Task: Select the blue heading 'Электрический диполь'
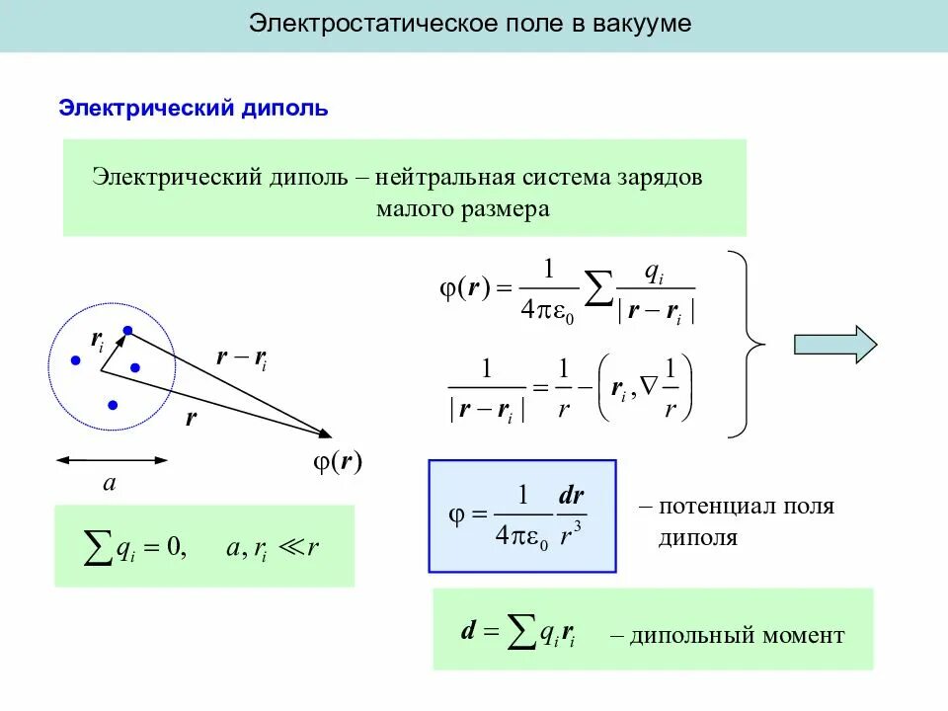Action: pos(194,108)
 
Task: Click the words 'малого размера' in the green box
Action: pos(462,209)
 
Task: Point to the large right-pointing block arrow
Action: pos(835,344)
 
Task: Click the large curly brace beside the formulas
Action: pos(750,344)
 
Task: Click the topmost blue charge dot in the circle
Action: pos(127,330)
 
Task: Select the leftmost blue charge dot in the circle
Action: pos(75,361)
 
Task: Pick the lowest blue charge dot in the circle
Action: pos(114,405)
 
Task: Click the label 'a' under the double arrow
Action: pos(110,484)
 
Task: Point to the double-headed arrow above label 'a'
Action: pos(112,459)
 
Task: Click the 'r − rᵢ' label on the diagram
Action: pos(241,358)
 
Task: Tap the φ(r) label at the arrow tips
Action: pos(338,461)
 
